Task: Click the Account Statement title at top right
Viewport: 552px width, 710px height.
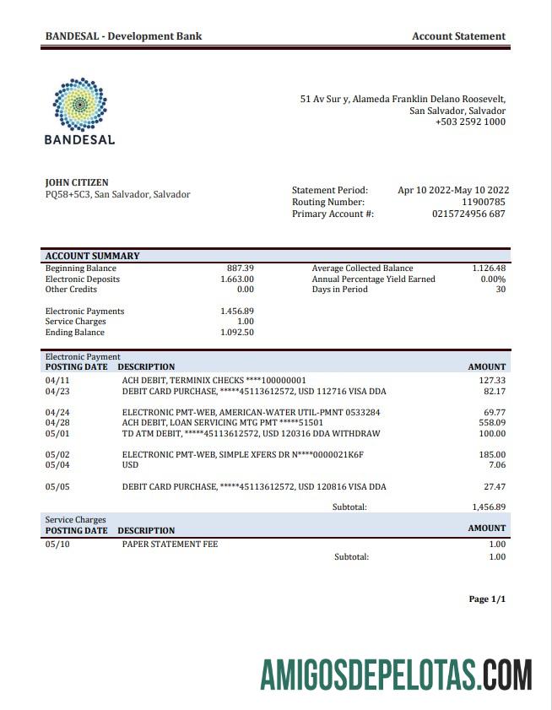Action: click(x=458, y=36)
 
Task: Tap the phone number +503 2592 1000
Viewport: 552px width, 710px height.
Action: click(x=470, y=122)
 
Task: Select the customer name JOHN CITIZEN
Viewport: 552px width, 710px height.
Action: click(x=77, y=182)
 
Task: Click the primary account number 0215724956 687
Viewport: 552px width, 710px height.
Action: click(x=468, y=214)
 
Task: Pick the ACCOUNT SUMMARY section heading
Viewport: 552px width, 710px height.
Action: click(x=92, y=256)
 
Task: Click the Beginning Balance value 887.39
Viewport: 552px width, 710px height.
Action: click(x=241, y=268)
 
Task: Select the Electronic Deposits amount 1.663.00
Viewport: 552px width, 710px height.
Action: click(x=237, y=279)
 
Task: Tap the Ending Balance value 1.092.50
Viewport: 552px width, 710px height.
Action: click(x=237, y=333)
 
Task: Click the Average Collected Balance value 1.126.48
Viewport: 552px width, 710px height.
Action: click(x=489, y=268)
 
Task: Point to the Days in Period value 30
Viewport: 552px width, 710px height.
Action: click(x=500, y=290)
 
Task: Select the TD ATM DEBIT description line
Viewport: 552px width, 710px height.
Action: click(x=251, y=434)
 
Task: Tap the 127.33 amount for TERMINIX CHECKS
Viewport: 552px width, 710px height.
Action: click(x=491, y=381)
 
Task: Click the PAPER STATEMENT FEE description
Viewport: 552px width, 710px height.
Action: click(x=170, y=545)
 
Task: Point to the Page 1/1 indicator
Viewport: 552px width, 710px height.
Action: click(x=487, y=599)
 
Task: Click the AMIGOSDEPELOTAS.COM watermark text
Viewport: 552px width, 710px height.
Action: click(x=397, y=676)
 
